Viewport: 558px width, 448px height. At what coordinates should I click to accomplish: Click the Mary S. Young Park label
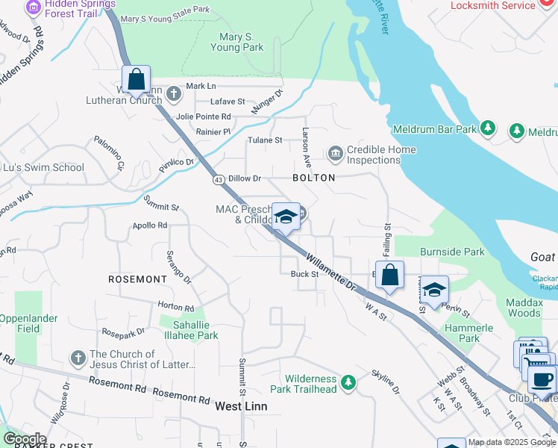(x=242, y=42)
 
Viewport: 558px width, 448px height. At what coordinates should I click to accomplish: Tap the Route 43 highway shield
(x=219, y=180)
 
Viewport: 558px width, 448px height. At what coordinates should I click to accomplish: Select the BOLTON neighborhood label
(x=313, y=178)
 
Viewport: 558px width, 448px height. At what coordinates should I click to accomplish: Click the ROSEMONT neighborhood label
(x=137, y=279)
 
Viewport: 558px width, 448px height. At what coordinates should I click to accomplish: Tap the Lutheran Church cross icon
(x=174, y=94)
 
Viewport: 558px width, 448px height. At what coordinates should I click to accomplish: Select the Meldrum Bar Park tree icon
(x=487, y=129)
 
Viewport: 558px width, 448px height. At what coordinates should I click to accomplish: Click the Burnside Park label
(x=452, y=252)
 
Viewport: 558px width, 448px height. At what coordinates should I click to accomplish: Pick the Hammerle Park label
(x=465, y=333)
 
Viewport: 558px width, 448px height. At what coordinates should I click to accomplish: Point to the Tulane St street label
(x=266, y=140)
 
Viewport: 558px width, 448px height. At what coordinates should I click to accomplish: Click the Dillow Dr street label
(x=245, y=178)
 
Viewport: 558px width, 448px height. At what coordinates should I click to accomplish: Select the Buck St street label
(x=304, y=274)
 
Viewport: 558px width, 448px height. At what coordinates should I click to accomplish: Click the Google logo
(x=24, y=439)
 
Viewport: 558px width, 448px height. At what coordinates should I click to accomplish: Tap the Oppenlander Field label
(x=29, y=323)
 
